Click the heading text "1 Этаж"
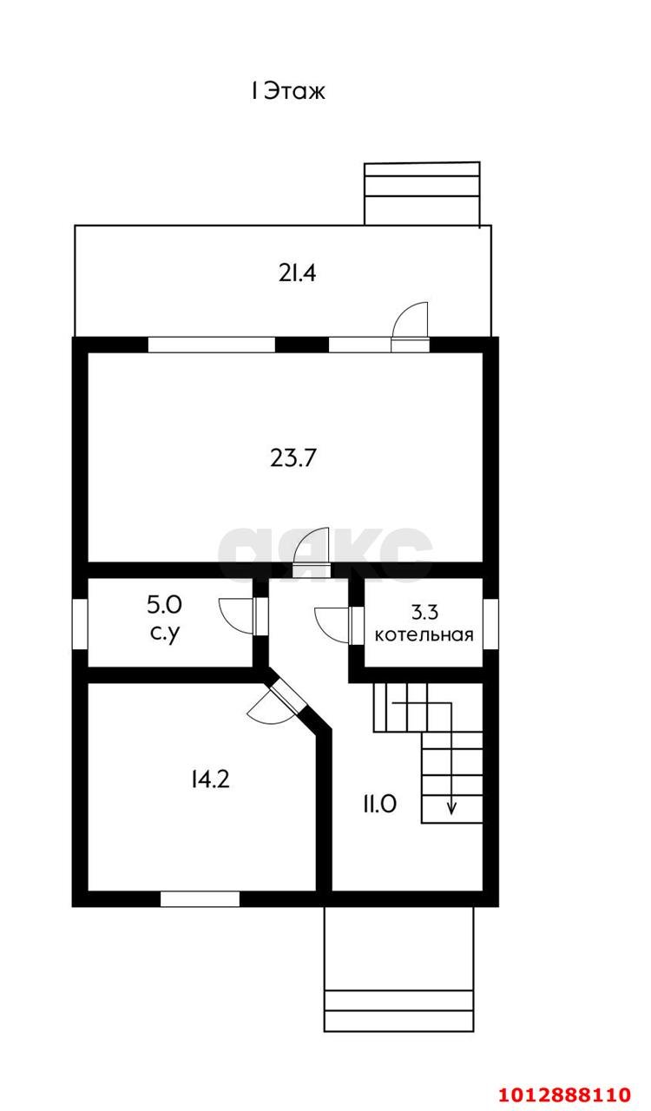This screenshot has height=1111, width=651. click(288, 91)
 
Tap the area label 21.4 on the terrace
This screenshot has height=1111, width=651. click(297, 273)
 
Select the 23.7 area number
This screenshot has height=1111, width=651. click(293, 457)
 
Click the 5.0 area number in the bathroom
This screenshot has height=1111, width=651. click(165, 605)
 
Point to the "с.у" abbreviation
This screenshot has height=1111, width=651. click(165, 634)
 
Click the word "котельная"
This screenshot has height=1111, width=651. click(424, 634)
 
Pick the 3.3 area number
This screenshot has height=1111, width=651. click(424, 613)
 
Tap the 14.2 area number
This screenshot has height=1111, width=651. click(210, 779)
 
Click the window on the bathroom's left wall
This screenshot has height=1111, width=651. click(80, 623)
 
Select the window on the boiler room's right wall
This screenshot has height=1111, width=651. click(490, 623)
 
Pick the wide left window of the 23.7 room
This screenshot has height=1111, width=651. click(212, 345)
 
